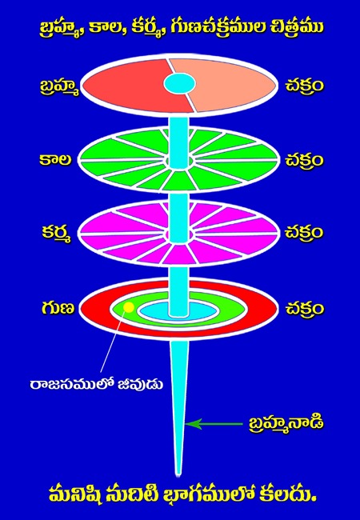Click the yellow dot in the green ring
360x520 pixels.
[128, 308]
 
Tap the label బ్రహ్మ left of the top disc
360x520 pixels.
[58, 88]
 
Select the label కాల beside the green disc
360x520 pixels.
[59, 160]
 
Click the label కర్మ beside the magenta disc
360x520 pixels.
[57, 233]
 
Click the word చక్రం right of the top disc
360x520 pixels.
[304, 86]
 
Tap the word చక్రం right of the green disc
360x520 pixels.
[304, 160]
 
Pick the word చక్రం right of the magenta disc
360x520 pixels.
[304, 233]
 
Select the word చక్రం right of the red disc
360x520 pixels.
[304, 309]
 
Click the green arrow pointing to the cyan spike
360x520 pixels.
[214, 424]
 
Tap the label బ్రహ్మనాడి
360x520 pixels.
[286, 424]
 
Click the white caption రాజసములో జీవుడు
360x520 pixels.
[96, 385]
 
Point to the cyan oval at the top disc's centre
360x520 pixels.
[179, 83]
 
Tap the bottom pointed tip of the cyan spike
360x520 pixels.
[179, 476]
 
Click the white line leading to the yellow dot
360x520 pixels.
[113, 342]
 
